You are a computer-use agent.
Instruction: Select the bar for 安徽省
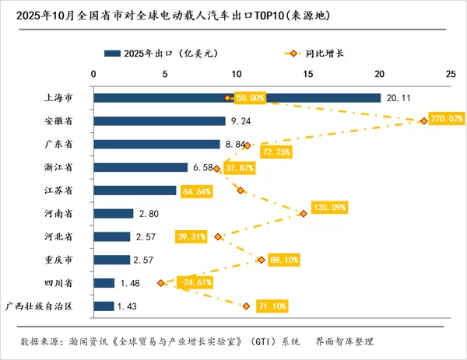159,121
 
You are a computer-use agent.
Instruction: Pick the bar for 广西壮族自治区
104,306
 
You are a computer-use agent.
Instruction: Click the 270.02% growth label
446,119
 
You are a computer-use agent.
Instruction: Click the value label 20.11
399,98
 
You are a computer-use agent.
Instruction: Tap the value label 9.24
239,121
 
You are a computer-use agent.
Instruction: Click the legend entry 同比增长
327,54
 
